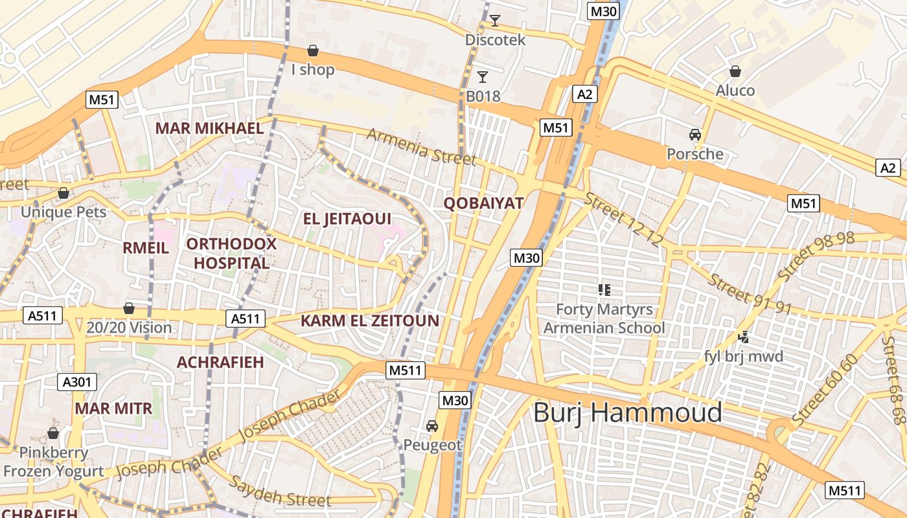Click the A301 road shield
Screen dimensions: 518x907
77,382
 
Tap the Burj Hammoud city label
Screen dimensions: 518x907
627,412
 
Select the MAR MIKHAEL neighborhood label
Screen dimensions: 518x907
209,128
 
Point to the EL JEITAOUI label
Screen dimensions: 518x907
347,219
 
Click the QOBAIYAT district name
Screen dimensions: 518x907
483,203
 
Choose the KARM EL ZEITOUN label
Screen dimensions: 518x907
370,321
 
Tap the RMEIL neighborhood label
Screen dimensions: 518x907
146,248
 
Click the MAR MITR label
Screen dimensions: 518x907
113,409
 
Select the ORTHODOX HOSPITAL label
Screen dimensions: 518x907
231,254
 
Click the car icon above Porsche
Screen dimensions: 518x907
695,135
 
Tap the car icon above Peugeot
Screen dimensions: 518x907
432,426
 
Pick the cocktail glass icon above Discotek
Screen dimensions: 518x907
495,21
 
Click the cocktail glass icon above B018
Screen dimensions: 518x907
483,78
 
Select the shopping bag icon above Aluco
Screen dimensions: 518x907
735,71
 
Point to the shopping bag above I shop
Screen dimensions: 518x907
313,51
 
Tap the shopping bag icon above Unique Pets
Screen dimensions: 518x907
63,193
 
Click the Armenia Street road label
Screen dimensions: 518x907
421,147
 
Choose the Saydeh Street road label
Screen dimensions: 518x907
280,491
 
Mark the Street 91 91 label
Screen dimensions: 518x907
750,294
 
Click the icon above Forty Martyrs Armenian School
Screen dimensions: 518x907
604,289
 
